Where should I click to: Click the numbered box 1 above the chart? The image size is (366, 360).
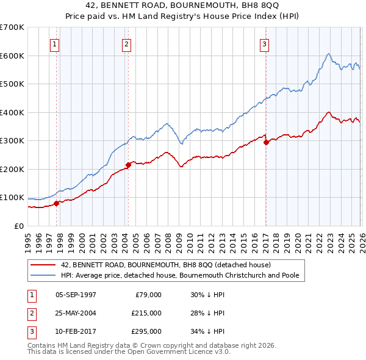55,43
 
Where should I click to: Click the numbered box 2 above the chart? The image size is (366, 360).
126,43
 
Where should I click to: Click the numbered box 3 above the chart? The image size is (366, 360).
264,43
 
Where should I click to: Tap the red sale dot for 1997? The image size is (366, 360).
57,203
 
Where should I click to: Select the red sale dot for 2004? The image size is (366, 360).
129,165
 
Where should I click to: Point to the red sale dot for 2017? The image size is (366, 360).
266,142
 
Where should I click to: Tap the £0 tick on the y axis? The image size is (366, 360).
18,226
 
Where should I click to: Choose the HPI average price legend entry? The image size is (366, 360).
179,276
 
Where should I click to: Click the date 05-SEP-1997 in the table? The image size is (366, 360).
76,295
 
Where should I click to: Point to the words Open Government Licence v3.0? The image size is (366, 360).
176,352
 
